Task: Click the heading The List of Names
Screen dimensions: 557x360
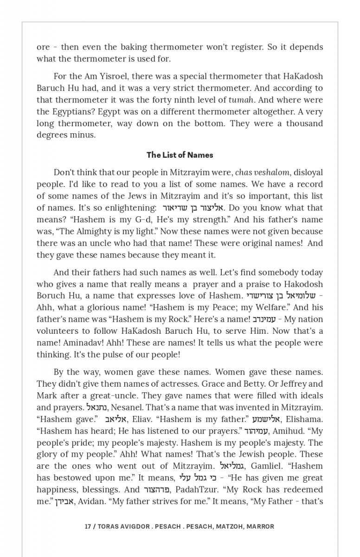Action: (180, 155)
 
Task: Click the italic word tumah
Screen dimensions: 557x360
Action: (241, 100)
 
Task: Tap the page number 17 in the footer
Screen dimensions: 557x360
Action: (88, 526)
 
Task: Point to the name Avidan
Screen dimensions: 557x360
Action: (89, 501)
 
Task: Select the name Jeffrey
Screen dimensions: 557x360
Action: (293, 384)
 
